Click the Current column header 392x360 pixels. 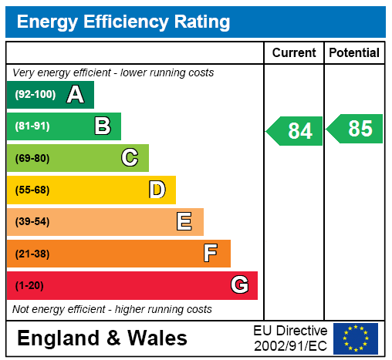pos(294,52)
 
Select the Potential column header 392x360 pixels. pos(354,52)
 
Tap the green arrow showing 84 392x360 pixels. pos(294,131)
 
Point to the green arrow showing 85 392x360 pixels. pos(354,129)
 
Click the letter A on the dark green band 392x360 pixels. pos(76,95)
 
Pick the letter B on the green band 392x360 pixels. pos(103,126)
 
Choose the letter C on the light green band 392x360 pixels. pos(130,157)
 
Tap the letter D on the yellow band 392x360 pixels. pos(157,190)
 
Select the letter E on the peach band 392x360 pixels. pos(184,221)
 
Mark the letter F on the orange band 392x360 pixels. pos(211,253)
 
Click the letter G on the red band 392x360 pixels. pos(240,284)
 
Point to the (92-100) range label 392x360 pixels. pos(35,94)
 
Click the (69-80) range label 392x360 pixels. pos(32,158)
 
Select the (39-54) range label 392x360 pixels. pos(32,221)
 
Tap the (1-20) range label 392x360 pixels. pos(29,285)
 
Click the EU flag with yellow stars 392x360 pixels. pos(356,338)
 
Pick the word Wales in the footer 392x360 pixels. pos(157,338)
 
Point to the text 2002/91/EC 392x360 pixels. pos(290,346)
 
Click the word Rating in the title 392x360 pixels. pos(202,22)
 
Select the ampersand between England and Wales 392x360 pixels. pos(113,338)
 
